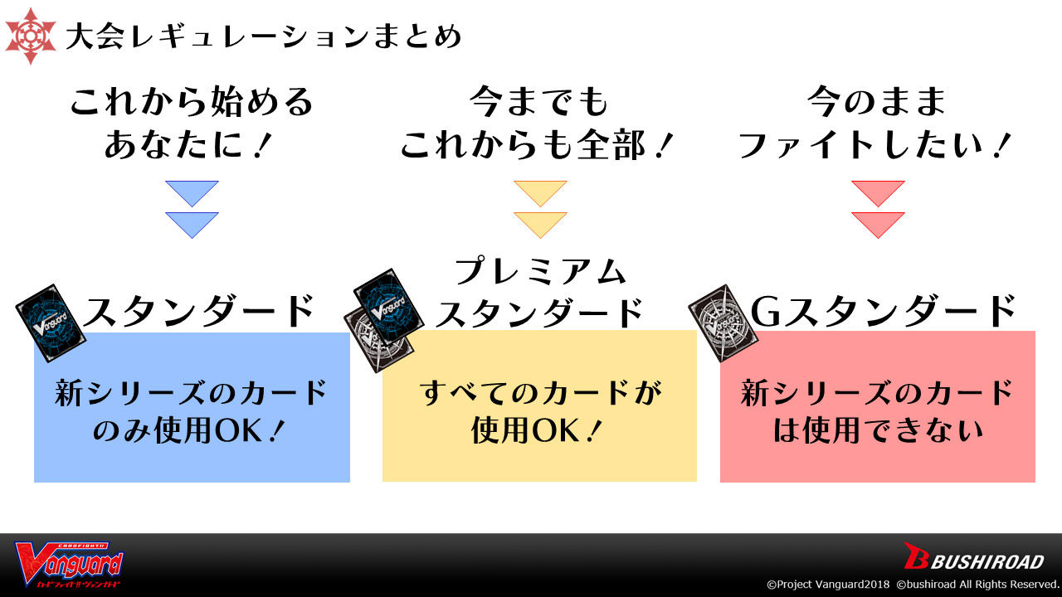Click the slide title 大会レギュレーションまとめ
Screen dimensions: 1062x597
[x=263, y=36]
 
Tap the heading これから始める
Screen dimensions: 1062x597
[x=192, y=103]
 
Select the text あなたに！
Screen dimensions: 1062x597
[x=192, y=146]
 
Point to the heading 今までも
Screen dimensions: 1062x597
[x=539, y=103]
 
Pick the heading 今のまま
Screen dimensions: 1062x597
[x=877, y=103]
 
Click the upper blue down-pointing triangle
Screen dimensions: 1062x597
[x=192, y=192]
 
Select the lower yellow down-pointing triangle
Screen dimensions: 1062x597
[x=540, y=223]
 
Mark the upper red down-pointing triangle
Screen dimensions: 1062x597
[x=878, y=192]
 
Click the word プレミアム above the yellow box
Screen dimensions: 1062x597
[x=540, y=271]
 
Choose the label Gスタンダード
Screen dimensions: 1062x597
[x=883, y=311]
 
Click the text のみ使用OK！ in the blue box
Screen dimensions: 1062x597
[x=192, y=432]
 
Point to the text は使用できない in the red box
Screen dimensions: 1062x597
[x=878, y=432]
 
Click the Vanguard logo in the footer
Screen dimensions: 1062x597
[x=70, y=565]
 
